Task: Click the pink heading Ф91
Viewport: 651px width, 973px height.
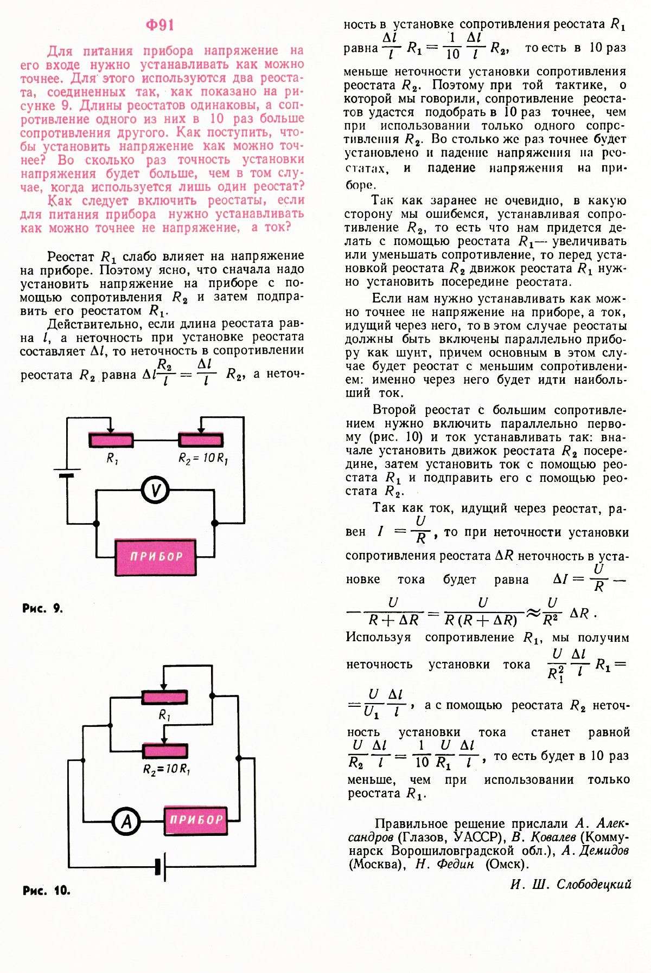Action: point(160,25)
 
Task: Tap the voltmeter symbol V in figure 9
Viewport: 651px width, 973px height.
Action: point(155,491)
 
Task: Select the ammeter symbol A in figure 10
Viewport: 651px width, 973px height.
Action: point(126,821)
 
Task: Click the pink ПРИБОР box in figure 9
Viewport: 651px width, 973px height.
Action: point(156,557)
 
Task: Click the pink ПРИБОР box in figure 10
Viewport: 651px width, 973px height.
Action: point(196,820)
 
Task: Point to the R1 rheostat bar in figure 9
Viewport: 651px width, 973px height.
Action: point(111,440)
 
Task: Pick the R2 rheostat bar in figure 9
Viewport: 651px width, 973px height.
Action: point(201,440)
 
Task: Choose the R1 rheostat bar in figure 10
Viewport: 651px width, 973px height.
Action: point(165,697)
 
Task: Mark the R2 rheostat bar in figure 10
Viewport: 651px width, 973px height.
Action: point(165,751)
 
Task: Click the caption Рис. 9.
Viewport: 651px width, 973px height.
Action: point(42,608)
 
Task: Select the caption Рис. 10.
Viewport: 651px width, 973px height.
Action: point(46,890)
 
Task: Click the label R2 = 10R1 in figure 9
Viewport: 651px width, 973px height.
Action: point(203,459)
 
